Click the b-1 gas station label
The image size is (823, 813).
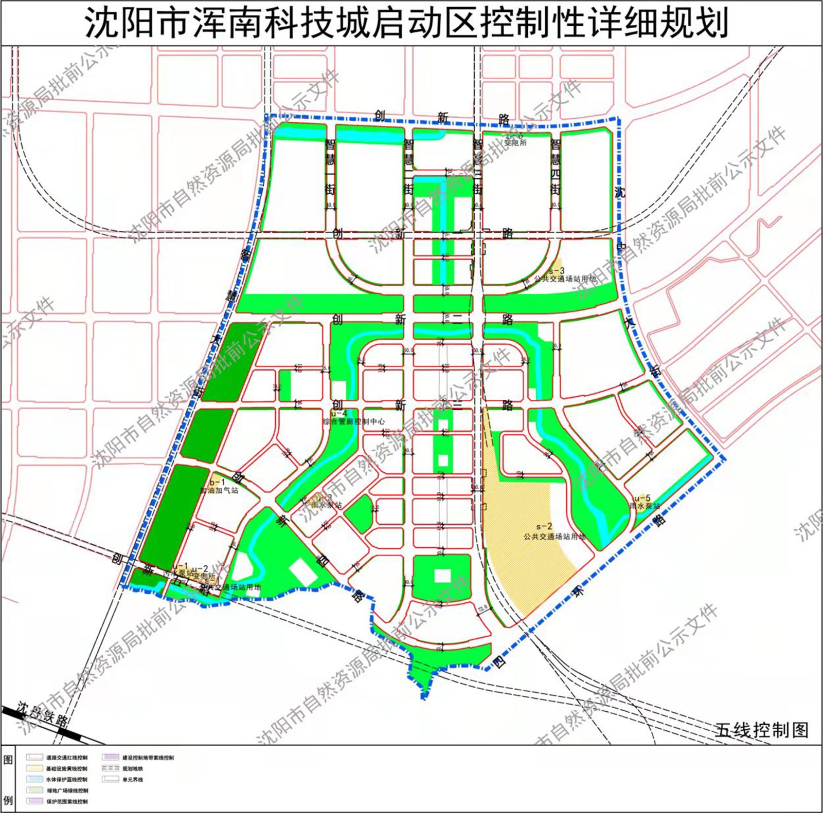click(x=217, y=483)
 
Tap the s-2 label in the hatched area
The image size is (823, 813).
click(x=544, y=527)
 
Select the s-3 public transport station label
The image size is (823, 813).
click(x=557, y=271)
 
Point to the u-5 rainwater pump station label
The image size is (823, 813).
click(x=642, y=498)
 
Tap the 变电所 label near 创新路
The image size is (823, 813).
click(x=515, y=143)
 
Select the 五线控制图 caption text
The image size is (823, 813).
click(x=761, y=730)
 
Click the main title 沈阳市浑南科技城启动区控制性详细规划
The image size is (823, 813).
click(x=406, y=23)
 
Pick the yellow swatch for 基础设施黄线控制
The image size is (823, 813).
click(x=34, y=768)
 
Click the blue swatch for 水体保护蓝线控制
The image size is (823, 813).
click(x=34, y=780)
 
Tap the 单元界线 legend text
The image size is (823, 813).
click(x=132, y=780)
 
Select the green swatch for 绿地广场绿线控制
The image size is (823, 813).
click(x=34, y=790)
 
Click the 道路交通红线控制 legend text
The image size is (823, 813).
click(x=67, y=757)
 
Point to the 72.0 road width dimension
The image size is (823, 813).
click(x=482, y=608)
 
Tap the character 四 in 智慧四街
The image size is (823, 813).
click(x=556, y=174)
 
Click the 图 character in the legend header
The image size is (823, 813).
click(x=8, y=760)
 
